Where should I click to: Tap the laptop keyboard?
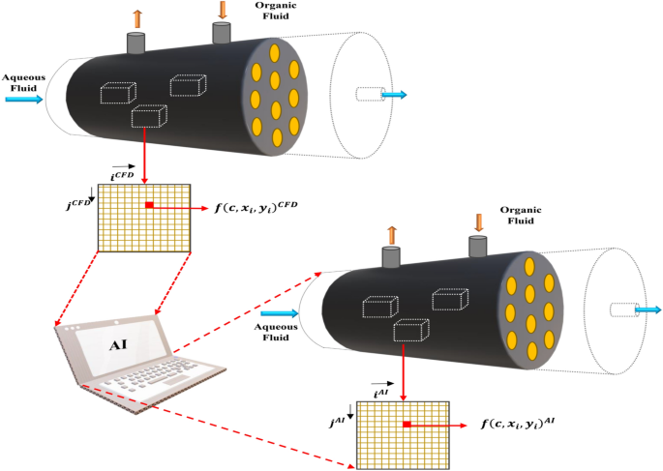161,383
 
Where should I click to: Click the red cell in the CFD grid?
149,206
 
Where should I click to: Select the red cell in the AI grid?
407,425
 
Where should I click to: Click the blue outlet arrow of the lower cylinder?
648,309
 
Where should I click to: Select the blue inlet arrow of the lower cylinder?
280,313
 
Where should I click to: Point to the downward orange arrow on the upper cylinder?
223,12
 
